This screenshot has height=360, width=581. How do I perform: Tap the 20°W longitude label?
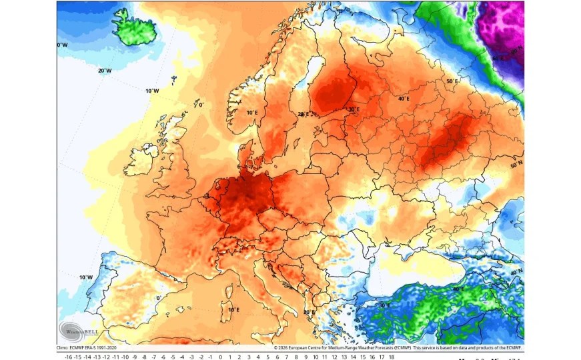(104, 70)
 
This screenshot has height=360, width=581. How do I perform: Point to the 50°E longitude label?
(452, 81)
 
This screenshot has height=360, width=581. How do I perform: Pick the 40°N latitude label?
(516, 273)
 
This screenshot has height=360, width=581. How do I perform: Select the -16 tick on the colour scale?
(68, 357)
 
